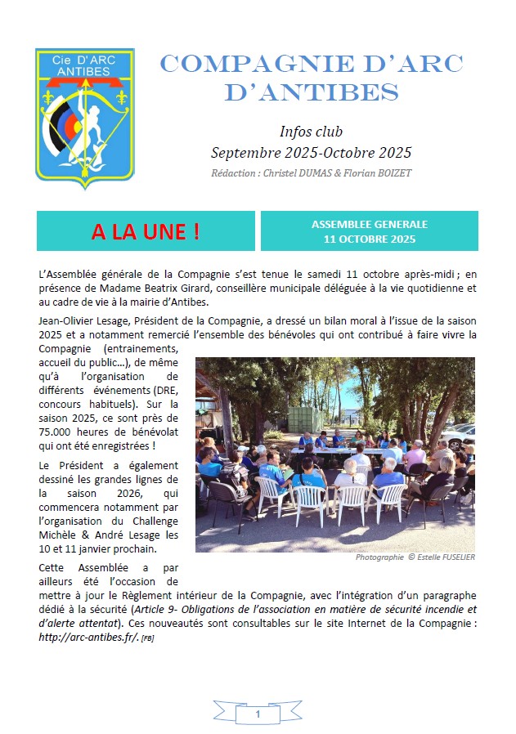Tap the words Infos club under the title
tap(311, 132)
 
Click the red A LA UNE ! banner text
tap(146, 231)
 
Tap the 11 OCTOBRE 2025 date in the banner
tap(370, 239)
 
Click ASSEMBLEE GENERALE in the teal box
tap(370, 224)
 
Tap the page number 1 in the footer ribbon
tap(258, 714)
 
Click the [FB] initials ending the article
tap(147, 638)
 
